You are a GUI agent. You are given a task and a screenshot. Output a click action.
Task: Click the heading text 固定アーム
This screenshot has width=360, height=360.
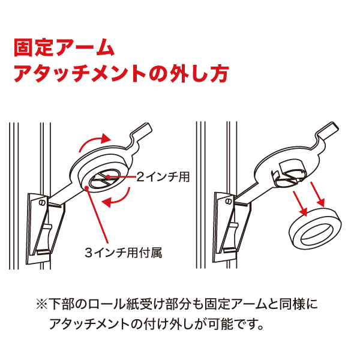tap(64, 48)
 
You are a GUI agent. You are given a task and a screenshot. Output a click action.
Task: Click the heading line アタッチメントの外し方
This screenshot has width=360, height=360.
tap(121, 73)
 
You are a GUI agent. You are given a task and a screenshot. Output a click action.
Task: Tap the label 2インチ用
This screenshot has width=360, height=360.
tap(163, 177)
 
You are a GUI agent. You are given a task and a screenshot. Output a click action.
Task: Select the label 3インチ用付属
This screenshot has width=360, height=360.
tap(124, 253)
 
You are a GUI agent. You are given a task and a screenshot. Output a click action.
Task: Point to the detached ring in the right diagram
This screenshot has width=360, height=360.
tap(315, 229)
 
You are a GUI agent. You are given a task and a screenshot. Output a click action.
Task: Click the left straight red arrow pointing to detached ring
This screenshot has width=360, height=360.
tap(300, 203)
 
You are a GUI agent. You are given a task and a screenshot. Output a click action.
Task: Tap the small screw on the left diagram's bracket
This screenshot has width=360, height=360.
tap(41, 203)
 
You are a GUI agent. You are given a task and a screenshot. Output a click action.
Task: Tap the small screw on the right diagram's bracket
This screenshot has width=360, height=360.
tap(228, 202)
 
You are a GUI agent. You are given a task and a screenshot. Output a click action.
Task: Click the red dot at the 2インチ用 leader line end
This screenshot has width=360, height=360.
tap(107, 177)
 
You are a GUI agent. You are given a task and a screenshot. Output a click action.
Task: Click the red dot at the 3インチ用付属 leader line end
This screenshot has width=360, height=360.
tap(86, 188)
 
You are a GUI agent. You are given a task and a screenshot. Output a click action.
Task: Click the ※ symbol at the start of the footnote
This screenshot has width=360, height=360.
tap(42, 304)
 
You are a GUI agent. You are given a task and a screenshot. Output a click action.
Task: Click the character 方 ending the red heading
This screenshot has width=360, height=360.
tap(220, 73)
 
